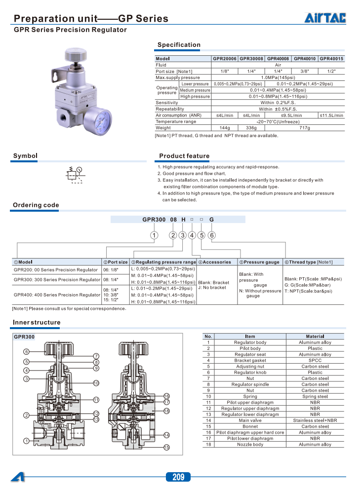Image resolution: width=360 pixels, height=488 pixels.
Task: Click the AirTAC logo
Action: pos(325,18)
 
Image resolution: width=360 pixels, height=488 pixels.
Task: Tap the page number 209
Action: pos(178,477)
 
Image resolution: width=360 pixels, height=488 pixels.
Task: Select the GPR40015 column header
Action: pos(331,59)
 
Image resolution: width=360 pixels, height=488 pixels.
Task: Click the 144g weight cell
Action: pos(225,128)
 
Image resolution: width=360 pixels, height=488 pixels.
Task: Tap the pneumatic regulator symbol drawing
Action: pos(75,174)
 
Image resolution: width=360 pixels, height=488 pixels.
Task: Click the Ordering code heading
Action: pos(36,205)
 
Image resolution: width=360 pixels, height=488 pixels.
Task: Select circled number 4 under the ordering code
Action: pos(192,235)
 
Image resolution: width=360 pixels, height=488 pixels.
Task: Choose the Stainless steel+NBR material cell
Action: pos(315,420)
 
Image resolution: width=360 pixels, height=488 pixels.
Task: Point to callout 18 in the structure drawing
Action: pos(166,411)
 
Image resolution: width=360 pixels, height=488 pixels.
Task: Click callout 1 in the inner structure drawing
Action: pos(25,441)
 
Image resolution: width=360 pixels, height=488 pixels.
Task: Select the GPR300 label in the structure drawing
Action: pos(24,338)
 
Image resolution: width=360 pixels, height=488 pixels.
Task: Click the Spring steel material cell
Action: pos(315,396)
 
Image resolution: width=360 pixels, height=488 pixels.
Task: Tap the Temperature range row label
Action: pos(176,121)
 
